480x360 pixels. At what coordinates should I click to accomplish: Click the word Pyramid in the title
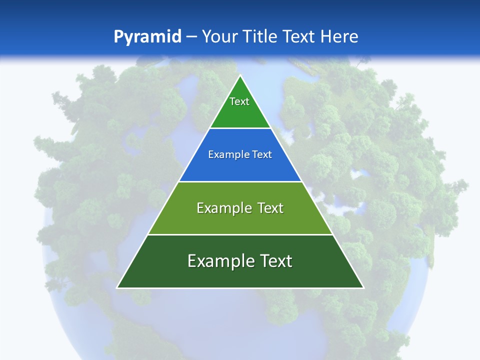coord(147,36)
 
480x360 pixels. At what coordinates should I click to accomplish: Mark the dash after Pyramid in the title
coord(191,37)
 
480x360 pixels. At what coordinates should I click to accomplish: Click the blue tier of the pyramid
coord(240,167)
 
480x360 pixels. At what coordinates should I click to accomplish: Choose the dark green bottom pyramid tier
coord(240,275)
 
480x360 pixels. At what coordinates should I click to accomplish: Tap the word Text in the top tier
coord(239,101)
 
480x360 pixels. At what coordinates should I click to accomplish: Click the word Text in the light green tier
coord(270,208)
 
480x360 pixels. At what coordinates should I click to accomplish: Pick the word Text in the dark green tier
coord(276,261)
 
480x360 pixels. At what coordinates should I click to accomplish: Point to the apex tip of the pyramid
coord(240,76)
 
